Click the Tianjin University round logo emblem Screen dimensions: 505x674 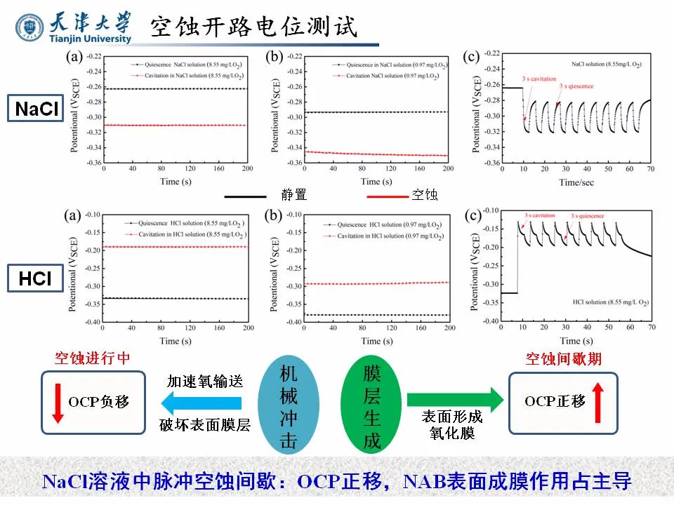pos(29,27)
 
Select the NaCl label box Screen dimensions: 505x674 pos(35,109)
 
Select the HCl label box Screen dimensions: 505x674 pos(35,279)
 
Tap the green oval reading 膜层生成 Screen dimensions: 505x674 pos(371,406)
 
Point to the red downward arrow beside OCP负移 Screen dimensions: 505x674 pos(58,403)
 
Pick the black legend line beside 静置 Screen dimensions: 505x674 pos(245,196)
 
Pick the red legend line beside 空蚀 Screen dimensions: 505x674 pos(387,196)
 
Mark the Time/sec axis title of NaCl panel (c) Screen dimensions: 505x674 pos(557,182)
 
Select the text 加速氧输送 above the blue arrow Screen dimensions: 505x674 pos(204,382)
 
